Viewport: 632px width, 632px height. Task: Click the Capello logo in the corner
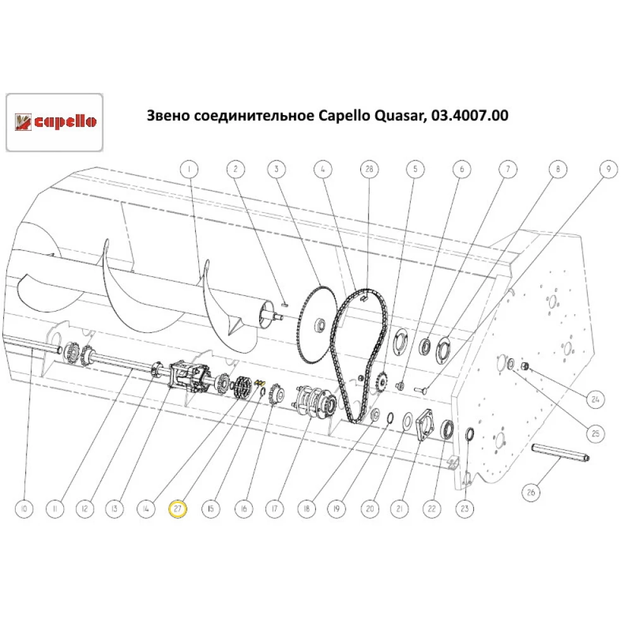(x=54, y=122)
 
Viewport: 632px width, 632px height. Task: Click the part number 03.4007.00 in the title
(x=470, y=116)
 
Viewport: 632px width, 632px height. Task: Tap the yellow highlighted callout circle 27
(x=178, y=509)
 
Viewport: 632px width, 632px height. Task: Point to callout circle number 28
(x=369, y=169)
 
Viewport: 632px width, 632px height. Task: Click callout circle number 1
(x=190, y=169)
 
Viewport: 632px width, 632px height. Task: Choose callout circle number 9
(x=608, y=169)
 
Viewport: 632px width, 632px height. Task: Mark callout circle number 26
(x=531, y=492)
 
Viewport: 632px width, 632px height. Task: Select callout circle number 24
(x=595, y=399)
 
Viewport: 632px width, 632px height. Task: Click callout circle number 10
(x=24, y=509)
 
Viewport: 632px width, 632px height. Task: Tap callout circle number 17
(x=274, y=509)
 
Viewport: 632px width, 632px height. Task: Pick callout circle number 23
(x=465, y=509)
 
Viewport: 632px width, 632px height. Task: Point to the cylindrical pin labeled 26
(x=561, y=453)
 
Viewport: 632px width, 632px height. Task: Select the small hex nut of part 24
(x=525, y=366)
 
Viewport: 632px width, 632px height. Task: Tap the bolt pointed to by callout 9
(x=421, y=389)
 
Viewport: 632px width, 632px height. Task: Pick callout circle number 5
(x=416, y=169)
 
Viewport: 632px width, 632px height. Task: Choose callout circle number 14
(x=146, y=509)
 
